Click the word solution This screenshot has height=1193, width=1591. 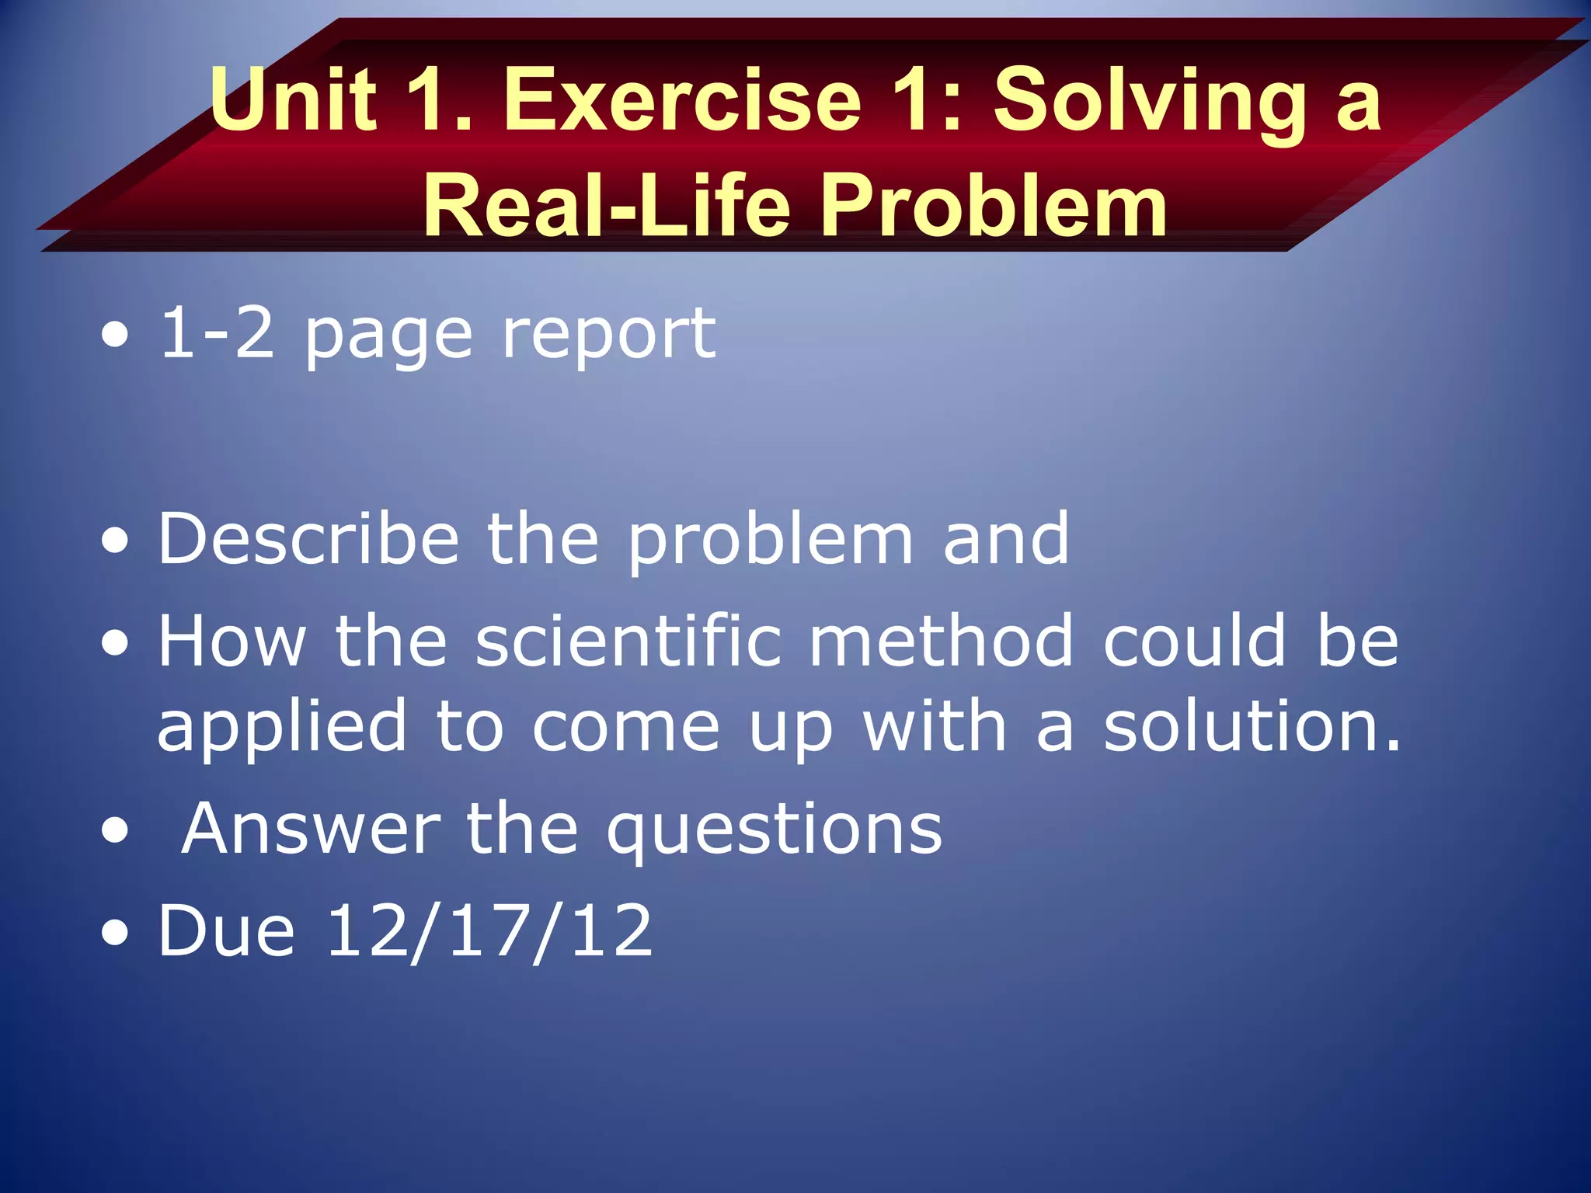point(1251,725)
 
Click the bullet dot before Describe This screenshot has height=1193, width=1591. point(115,541)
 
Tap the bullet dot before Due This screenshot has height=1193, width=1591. point(115,933)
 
